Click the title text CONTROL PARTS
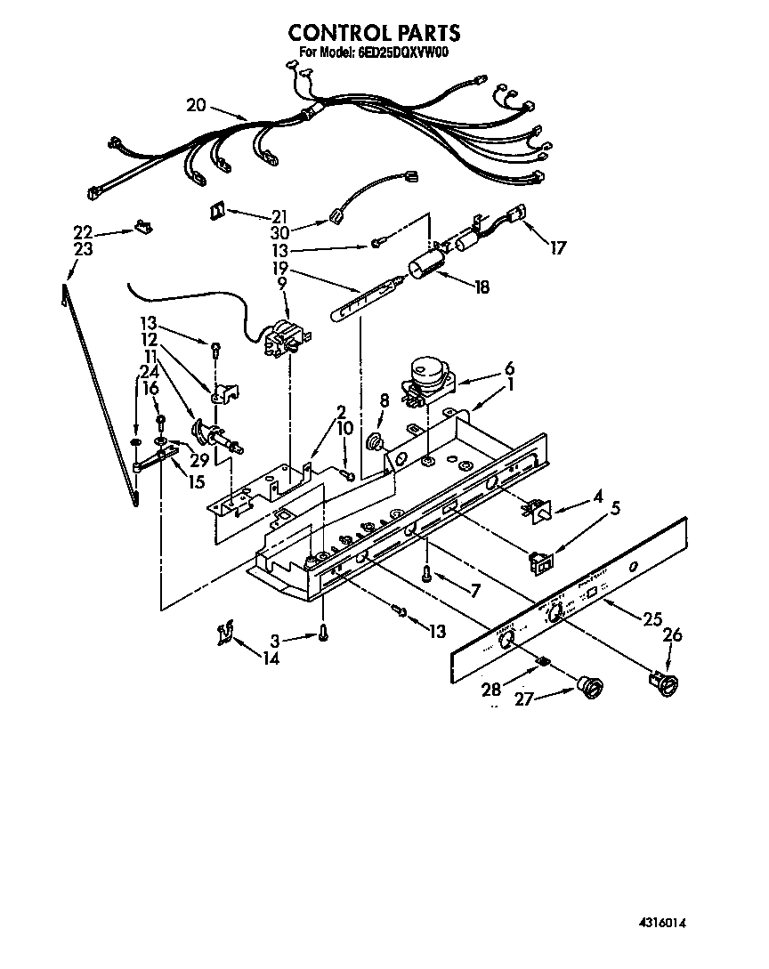374,33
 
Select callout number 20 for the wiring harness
196,105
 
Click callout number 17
557,248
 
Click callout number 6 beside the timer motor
509,367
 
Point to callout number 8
384,401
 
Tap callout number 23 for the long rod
84,250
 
